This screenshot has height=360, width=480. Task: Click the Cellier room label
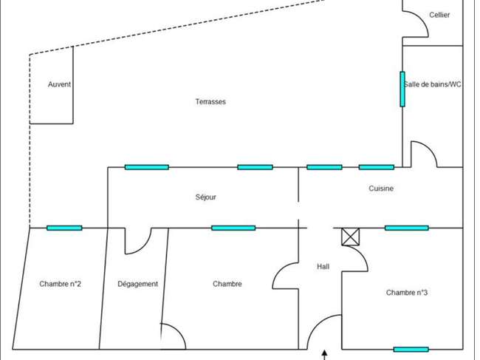pyautogui.click(x=439, y=15)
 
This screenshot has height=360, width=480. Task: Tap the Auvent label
pyautogui.click(x=59, y=84)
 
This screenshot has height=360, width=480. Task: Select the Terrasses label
pyautogui.click(x=210, y=101)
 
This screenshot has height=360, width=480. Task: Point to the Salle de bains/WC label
pyautogui.click(x=433, y=84)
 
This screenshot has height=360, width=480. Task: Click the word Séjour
pyautogui.click(x=206, y=197)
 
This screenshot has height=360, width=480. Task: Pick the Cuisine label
pyautogui.click(x=381, y=188)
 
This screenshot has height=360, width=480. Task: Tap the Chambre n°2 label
pyautogui.click(x=61, y=284)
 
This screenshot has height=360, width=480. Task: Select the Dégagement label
pyautogui.click(x=138, y=284)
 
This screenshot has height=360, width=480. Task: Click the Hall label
pyautogui.click(x=323, y=267)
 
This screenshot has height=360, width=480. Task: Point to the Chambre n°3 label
pyautogui.click(x=407, y=293)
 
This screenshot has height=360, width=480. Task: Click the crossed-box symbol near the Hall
pyautogui.click(x=351, y=237)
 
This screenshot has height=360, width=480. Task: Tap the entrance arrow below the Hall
pyautogui.click(x=324, y=355)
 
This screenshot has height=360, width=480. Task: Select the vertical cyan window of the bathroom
pyautogui.click(x=402, y=89)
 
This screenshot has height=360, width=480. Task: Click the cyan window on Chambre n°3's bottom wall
pyautogui.click(x=411, y=349)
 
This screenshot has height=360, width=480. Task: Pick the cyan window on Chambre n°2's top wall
pyautogui.click(x=64, y=228)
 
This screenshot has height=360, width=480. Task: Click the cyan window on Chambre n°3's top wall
pyautogui.click(x=407, y=228)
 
